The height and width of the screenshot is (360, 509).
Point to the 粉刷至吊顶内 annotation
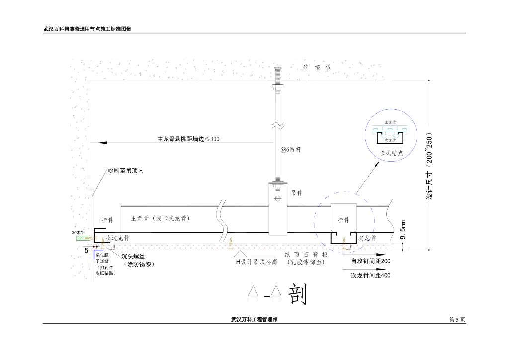[126, 171]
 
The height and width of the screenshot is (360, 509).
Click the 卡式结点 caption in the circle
[391, 153]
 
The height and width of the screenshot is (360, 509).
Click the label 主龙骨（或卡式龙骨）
[160, 218]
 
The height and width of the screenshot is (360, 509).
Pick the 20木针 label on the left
[79, 233]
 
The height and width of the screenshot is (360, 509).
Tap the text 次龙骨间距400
[370, 275]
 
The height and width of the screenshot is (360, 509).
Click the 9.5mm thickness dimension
[403, 232]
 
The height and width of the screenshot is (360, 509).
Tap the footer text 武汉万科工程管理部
[254, 320]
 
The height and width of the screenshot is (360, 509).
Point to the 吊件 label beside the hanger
[297, 193]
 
